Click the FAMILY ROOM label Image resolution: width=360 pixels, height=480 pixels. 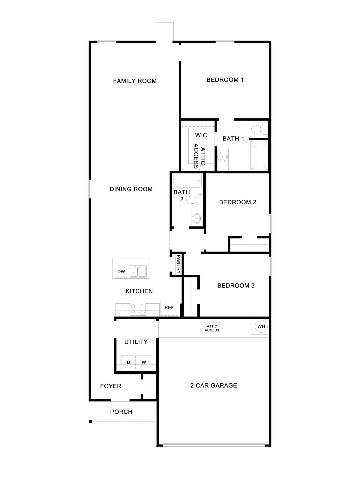135,81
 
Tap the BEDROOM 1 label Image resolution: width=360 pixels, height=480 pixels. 225,80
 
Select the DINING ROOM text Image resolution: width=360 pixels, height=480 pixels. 131,189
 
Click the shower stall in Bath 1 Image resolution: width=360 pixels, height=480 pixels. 259,155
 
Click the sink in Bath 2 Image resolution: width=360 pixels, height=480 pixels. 197,218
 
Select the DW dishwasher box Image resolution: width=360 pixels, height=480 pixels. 121,272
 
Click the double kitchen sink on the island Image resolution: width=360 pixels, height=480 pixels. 138,272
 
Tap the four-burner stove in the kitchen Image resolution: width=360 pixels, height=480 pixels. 137,309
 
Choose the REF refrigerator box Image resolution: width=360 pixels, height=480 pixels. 169,307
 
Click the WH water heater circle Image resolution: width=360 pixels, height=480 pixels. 261,326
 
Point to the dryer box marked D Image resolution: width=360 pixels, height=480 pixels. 128,362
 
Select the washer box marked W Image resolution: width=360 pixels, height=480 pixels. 144,362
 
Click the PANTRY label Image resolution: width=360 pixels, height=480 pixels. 178,264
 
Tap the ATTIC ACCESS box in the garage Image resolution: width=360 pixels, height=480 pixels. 212,328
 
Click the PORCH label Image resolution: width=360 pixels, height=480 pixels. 121,412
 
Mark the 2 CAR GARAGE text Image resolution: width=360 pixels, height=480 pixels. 214,385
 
